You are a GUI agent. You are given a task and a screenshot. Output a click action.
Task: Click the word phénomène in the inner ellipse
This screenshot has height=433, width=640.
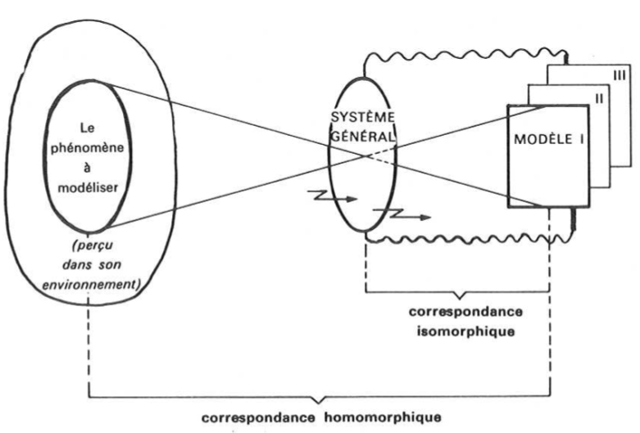tap(84, 148)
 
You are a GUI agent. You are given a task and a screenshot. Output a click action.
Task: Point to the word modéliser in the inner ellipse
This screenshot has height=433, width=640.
tap(83, 187)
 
